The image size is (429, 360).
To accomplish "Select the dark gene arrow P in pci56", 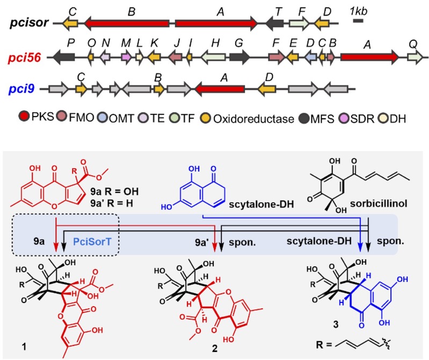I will [63, 56].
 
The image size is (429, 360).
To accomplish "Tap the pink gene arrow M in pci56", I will [127, 56].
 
